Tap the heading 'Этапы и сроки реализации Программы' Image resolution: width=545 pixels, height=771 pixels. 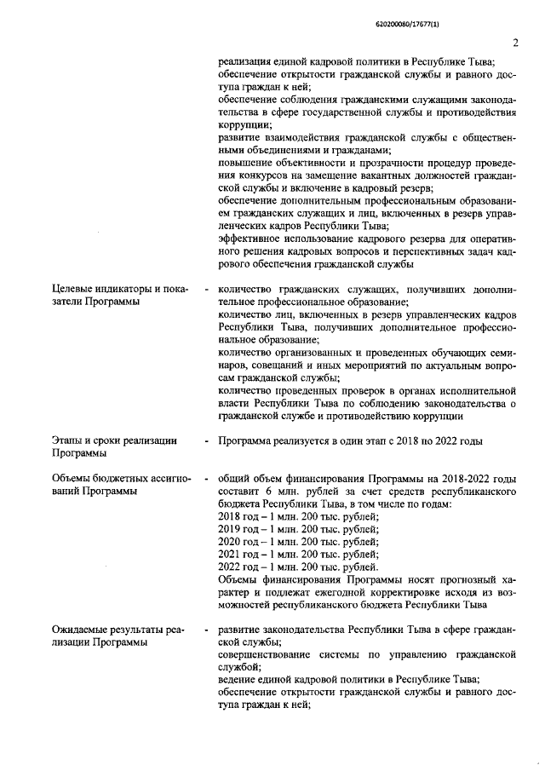pyautogui.click(x=114, y=447)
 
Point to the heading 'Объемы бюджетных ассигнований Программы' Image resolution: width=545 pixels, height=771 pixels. pyautogui.click(x=118, y=486)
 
